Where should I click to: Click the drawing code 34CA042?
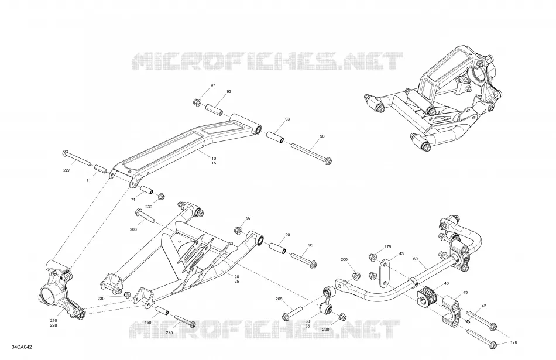coord(22,347)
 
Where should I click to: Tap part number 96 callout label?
coord(322,136)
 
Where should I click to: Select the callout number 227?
coord(67,170)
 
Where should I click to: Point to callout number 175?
coord(387,247)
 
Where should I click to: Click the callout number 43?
coord(401,254)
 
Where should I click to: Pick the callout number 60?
coord(415,259)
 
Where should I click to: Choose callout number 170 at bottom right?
coord(513,342)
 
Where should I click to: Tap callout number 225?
coord(170,332)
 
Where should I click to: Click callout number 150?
coord(148,323)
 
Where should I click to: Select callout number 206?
coord(133,229)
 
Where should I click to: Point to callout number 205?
coord(279,299)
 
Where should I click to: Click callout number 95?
coord(311,245)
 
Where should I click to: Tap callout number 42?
coord(483,306)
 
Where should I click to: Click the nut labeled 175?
coord(372,257)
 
